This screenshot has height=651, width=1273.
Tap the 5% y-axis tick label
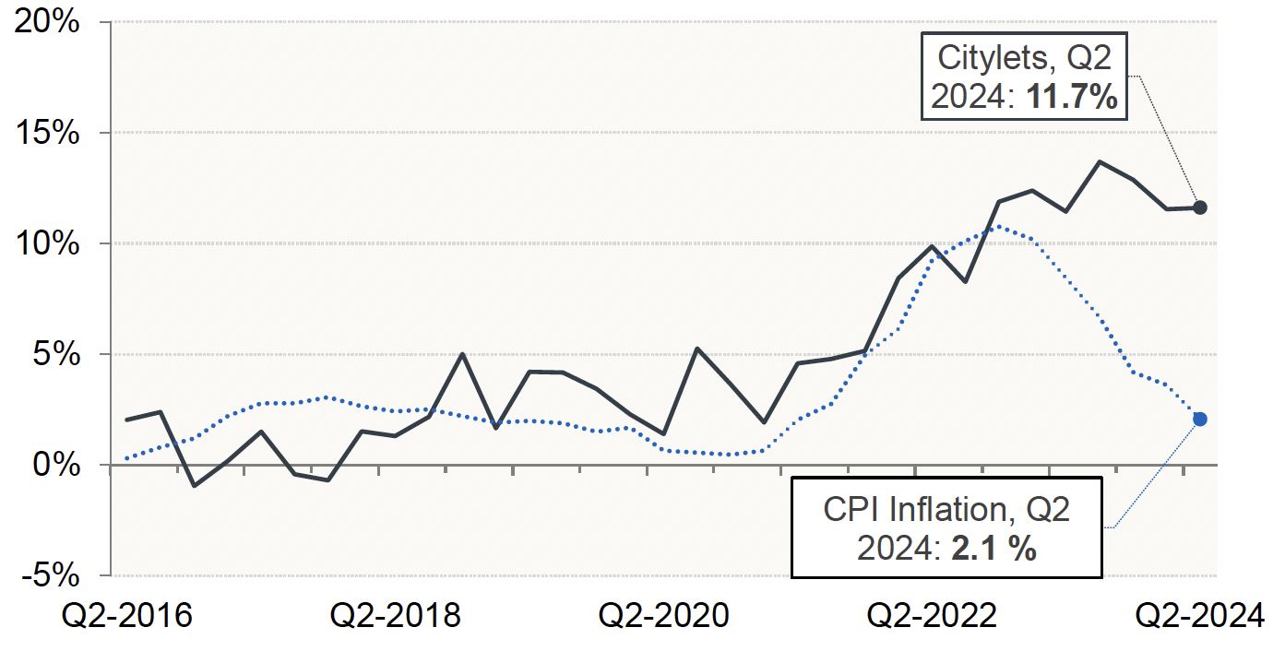54,354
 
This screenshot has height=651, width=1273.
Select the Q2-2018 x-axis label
396,616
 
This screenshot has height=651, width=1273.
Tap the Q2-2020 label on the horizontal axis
664,616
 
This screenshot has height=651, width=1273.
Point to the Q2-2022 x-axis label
933,616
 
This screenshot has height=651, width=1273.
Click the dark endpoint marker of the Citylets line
1199,207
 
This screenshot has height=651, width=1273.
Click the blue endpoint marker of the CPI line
1199,419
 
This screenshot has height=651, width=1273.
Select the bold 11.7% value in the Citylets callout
1074,96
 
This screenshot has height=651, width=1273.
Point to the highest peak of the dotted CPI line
999,225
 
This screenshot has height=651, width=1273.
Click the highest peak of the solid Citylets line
1100,161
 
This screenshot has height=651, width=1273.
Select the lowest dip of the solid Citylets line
194,485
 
